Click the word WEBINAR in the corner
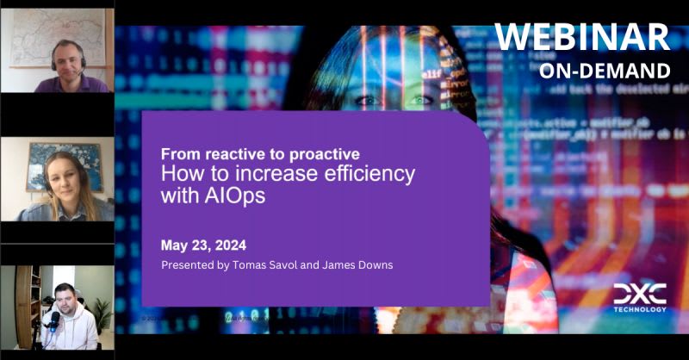pyautogui.click(x=583, y=36)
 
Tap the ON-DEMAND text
pyautogui.click(x=605, y=70)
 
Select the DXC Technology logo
pyautogui.click(x=640, y=297)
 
